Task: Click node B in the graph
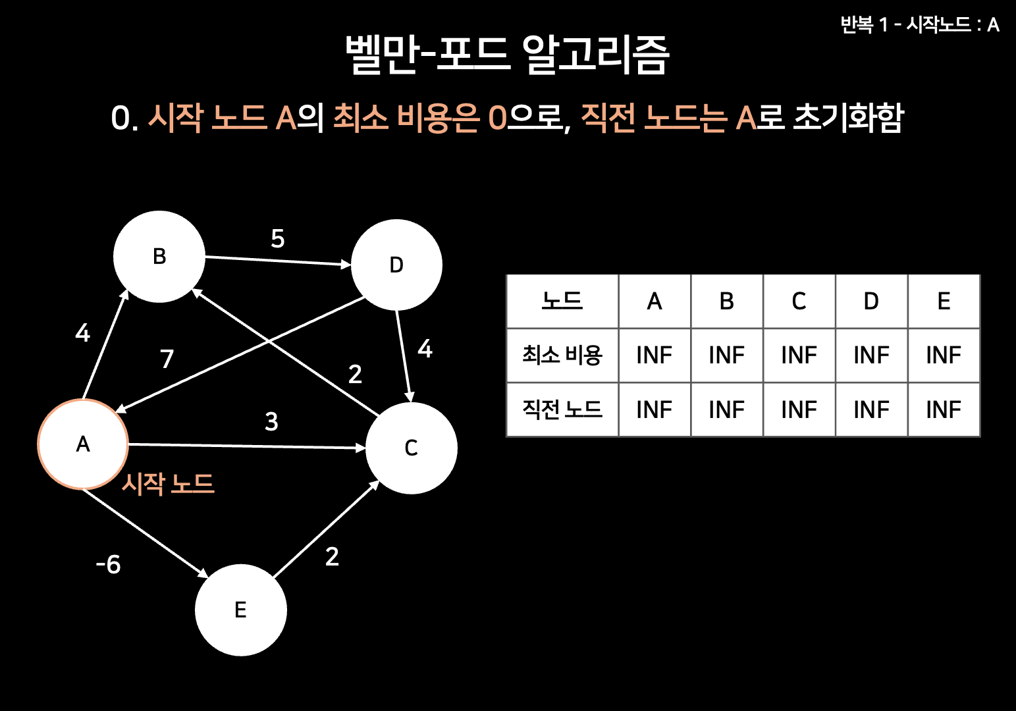coord(159,257)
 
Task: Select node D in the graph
coord(396,265)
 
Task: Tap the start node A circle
coord(83,444)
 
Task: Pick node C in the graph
coord(411,448)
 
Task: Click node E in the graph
coord(241,610)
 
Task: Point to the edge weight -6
coord(109,564)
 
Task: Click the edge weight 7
coord(167,359)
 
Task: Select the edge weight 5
coord(278,238)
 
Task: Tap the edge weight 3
coord(271,421)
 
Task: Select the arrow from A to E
coord(145,533)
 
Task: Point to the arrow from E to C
coord(326,529)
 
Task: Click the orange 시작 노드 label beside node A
coord(168,484)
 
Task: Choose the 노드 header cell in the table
coord(562,302)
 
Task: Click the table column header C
coord(799,302)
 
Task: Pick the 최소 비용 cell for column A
coord(654,355)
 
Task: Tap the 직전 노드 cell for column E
coord(944,409)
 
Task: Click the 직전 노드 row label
coord(562,409)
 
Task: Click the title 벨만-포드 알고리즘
coord(508,54)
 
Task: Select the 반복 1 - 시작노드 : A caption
coord(920,25)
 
